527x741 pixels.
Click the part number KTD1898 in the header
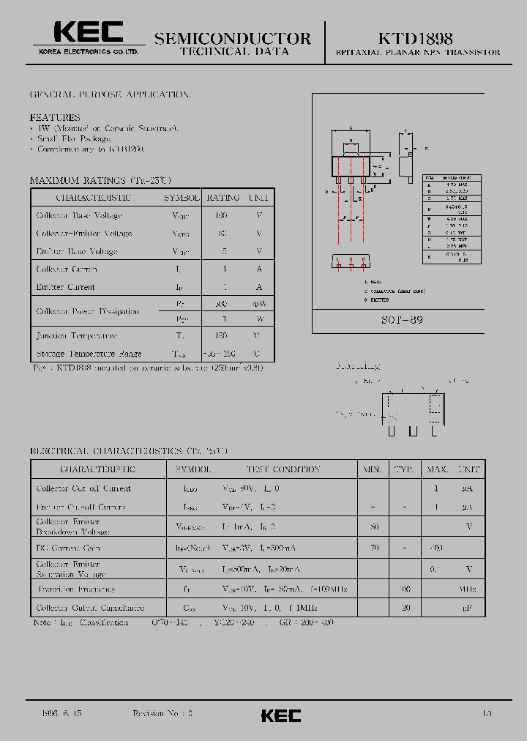coord(415,38)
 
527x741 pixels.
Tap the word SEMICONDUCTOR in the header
coord(232,39)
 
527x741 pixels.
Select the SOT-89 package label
coord(401,321)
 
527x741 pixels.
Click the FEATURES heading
coord(55,117)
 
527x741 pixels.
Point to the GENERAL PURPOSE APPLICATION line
coord(111,95)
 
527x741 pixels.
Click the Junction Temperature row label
coord(77,335)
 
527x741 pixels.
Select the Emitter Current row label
coord(66,287)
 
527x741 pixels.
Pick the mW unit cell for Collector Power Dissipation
coord(259,303)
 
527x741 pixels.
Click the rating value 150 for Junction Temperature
coord(222,335)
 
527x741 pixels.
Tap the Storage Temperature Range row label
coord(89,353)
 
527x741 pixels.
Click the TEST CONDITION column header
coord(272,469)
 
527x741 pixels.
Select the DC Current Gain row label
coord(68,548)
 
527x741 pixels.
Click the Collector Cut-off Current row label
coord(83,488)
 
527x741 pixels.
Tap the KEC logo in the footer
coord(281,715)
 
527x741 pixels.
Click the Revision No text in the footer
coord(162,712)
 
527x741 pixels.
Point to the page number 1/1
coord(487,712)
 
